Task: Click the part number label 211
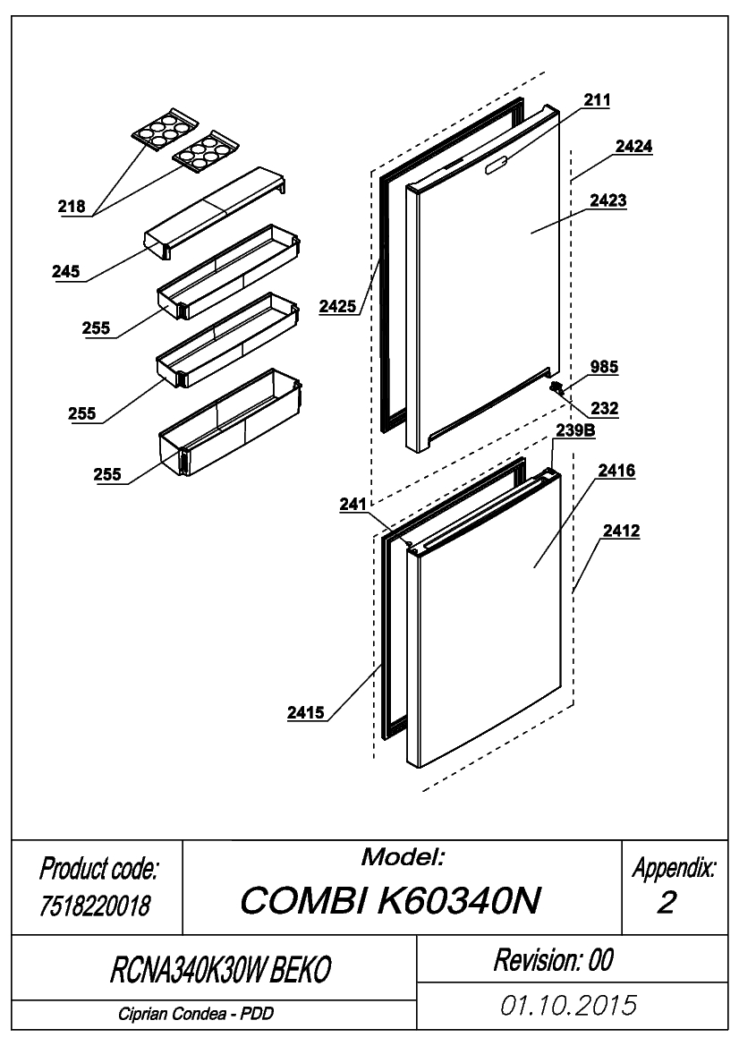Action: (x=597, y=100)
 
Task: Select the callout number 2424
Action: (x=633, y=146)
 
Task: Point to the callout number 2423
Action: (x=607, y=200)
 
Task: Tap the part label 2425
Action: (x=337, y=306)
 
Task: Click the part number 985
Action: (x=604, y=367)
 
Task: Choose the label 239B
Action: (x=575, y=430)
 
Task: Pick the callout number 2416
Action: (x=616, y=471)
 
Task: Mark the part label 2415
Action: (x=306, y=712)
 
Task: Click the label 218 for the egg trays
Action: (x=72, y=206)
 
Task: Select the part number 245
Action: (x=66, y=271)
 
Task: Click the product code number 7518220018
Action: (x=96, y=906)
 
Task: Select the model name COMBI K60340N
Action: (x=390, y=900)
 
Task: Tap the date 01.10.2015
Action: (x=569, y=1006)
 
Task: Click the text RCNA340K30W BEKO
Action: (x=220, y=969)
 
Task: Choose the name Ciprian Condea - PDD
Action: (x=196, y=1014)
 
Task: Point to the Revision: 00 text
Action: (x=553, y=960)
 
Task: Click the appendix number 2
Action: (x=667, y=903)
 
